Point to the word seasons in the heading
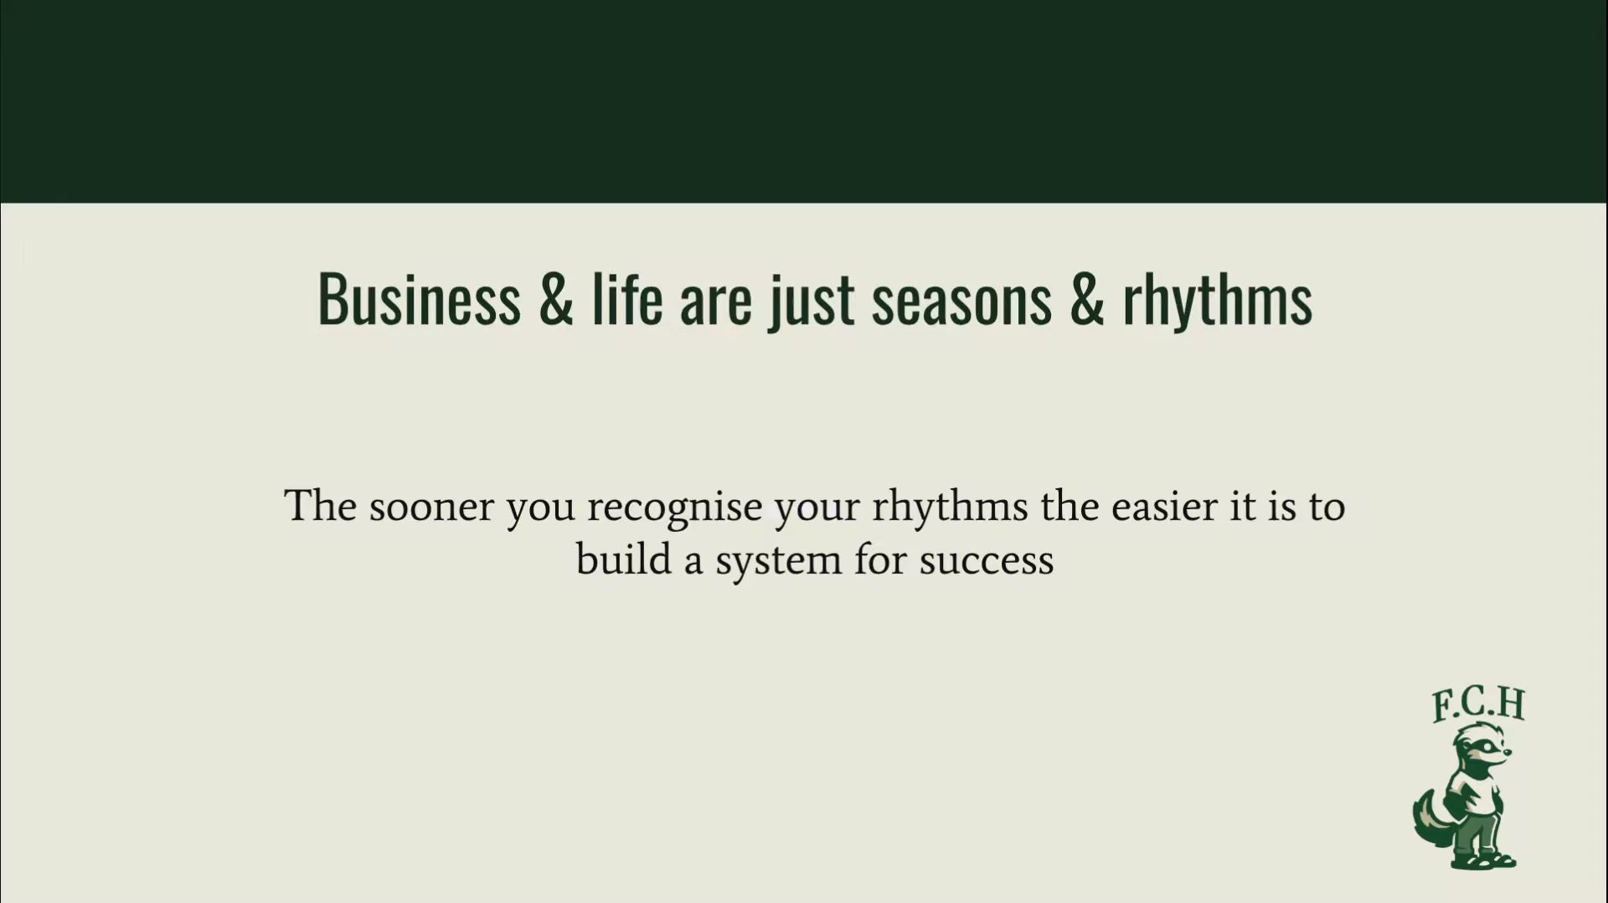coord(961,303)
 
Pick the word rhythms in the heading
coord(1218,300)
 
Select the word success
coord(987,561)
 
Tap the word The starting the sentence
coord(321,506)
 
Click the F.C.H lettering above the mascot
coord(1478,704)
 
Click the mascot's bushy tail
coord(1431,817)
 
